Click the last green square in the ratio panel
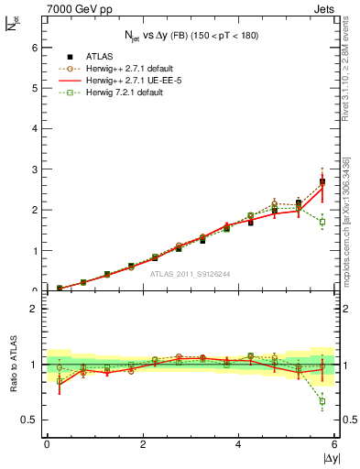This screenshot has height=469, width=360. [322, 401]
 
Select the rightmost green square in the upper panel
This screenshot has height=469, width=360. [322, 222]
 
